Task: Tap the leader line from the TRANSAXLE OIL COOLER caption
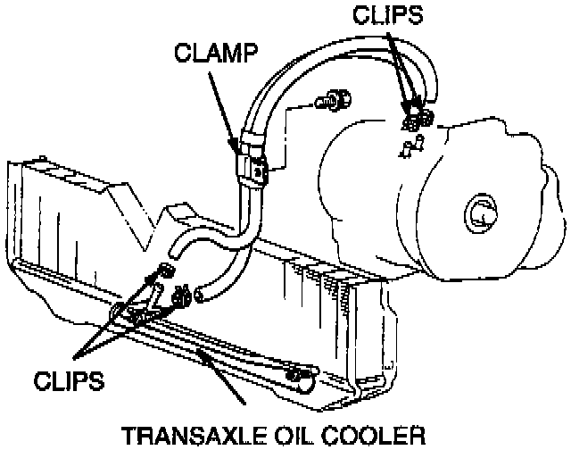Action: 228,384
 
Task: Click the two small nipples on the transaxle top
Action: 407,146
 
